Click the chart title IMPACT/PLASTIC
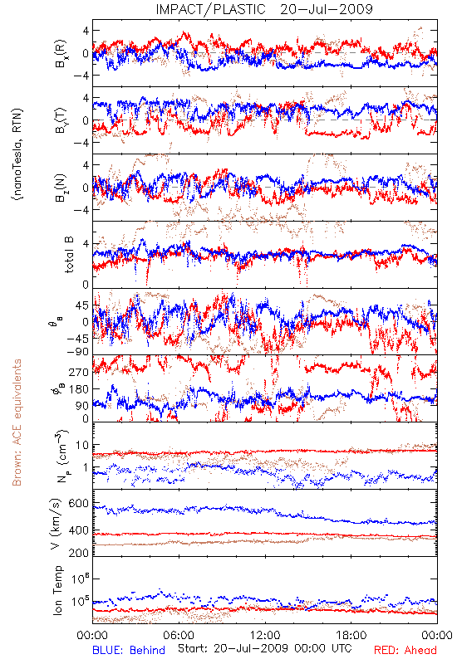coord(211,9)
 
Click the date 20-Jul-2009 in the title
coord(327,9)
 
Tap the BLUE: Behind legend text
coord(129,650)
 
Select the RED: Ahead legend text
coord(405,650)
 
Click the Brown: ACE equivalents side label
coord(17,422)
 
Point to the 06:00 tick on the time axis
coord(179,635)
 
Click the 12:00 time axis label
coord(265,635)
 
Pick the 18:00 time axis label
coord(351,635)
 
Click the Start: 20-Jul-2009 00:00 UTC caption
coord(264,648)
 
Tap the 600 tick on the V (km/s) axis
coord(78,504)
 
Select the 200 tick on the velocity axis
coord(78,553)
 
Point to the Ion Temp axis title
coord(57,590)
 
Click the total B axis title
coord(69,255)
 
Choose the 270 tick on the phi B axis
coord(79,372)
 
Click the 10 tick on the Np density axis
coord(82,445)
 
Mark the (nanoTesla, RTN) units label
coord(17,154)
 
